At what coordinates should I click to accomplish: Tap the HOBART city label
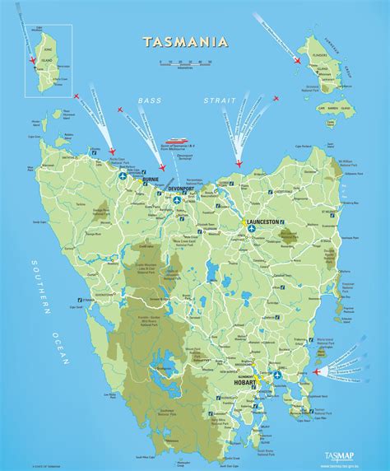(245, 361)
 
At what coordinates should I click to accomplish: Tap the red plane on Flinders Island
(298, 59)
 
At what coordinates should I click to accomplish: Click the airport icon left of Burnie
(123, 176)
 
